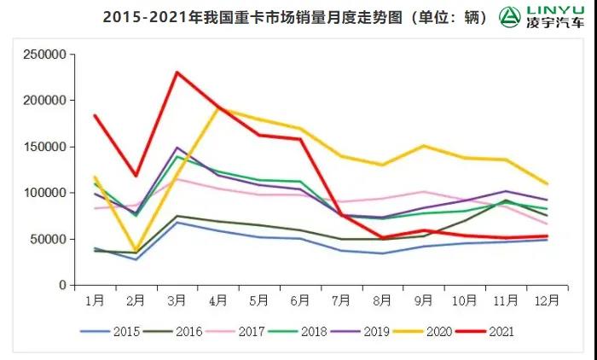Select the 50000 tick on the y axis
(x=49, y=239)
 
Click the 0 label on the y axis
(x=61, y=286)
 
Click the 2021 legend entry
(x=490, y=331)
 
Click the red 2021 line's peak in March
(x=177, y=72)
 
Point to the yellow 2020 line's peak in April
(x=218, y=108)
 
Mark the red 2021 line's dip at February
(x=135, y=176)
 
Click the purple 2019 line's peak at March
(x=177, y=148)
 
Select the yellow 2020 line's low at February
(x=135, y=252)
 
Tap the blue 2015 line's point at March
(x=177, y=222)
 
